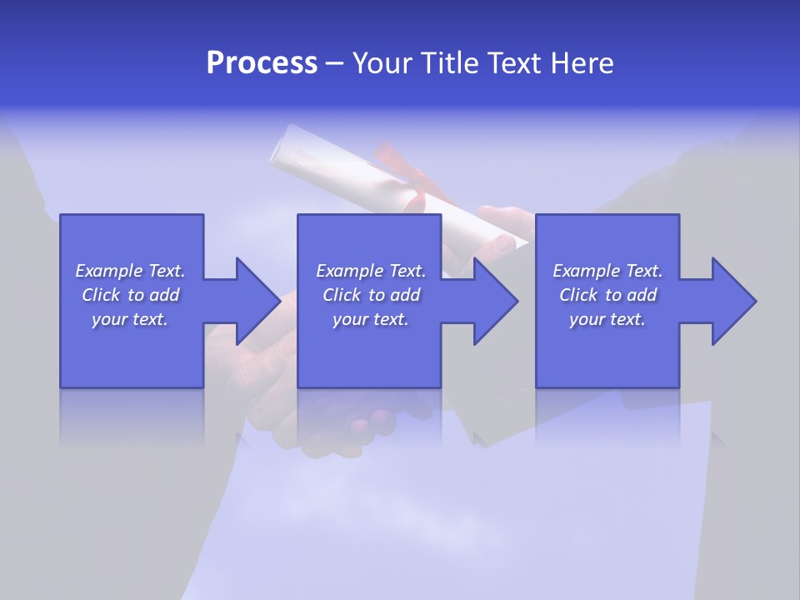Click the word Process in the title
262,63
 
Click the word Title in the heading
450,63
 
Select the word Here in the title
581,63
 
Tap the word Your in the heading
384,63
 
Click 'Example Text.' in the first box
130,271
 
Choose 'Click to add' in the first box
131,295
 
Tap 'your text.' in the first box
130,319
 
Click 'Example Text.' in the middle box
371,271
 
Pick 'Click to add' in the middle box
371,295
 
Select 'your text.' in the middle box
370,319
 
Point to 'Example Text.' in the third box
607,271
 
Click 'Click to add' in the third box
608,295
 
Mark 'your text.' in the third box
607,319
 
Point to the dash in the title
335,64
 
